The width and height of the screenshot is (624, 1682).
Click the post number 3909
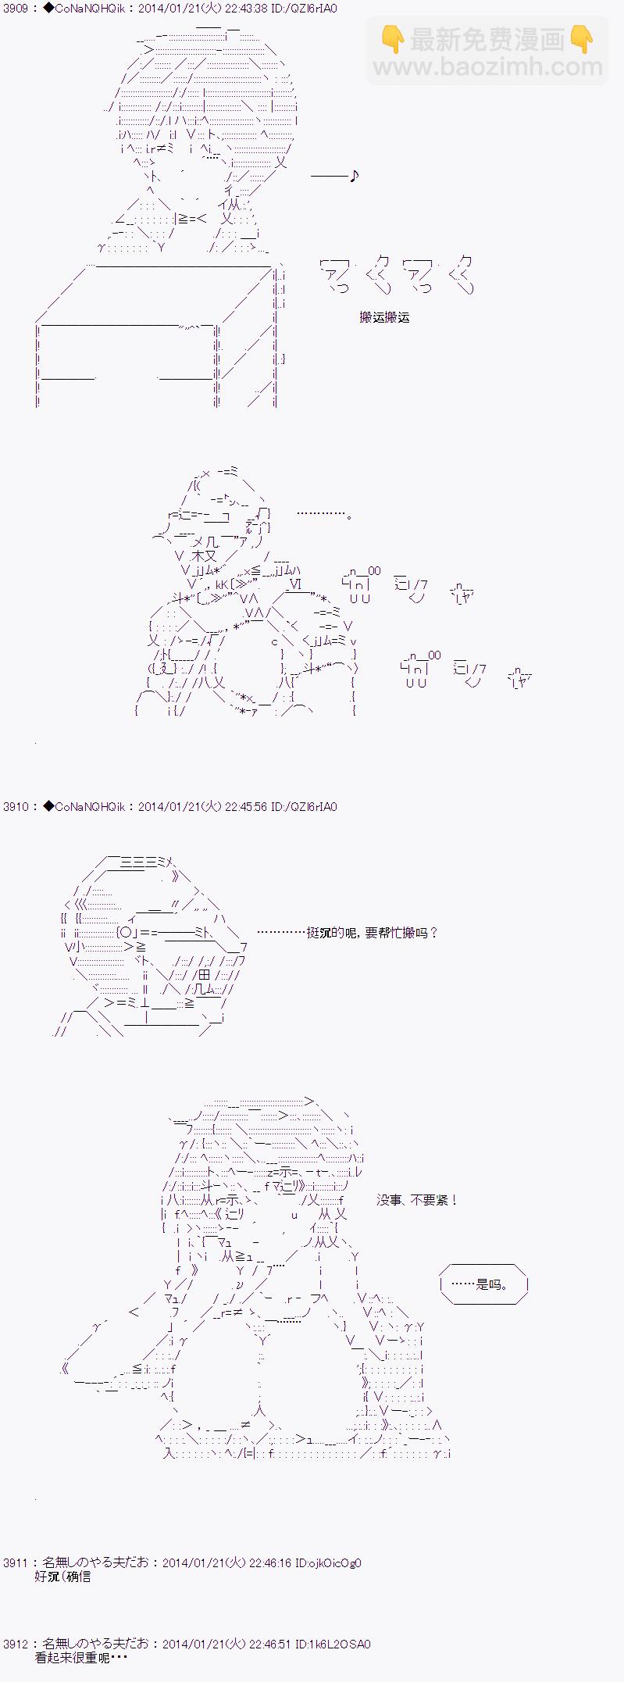[16, 9]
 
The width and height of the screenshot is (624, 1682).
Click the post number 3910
[16, 806]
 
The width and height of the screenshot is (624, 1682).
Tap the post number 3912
[16, 1644]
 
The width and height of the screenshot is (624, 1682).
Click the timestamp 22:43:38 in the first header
[248, 9]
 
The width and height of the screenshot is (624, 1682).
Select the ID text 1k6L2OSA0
[342, 1644]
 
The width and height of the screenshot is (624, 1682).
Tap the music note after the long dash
[354, 176]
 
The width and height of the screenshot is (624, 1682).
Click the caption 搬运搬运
[384, 317]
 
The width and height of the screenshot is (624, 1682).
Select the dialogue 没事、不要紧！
[417, 1199]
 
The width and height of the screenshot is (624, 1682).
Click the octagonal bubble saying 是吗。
[484, 1284]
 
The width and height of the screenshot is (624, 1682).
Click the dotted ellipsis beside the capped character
[324, 514]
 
